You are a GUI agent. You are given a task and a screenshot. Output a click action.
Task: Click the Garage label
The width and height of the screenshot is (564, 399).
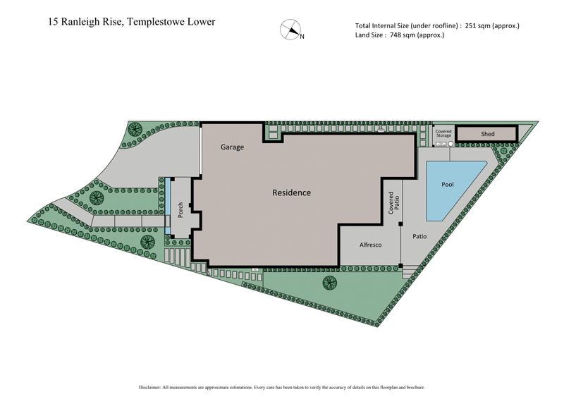232,147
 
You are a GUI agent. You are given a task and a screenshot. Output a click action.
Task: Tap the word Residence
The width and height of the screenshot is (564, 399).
292,192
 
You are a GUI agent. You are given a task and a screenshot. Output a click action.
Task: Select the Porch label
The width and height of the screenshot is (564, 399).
180,209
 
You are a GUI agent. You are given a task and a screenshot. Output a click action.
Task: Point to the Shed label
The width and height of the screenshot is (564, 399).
488,134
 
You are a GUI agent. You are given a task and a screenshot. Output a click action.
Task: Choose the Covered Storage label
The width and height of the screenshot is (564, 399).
443,133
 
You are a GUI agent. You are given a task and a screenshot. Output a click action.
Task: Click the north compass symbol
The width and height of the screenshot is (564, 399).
289,30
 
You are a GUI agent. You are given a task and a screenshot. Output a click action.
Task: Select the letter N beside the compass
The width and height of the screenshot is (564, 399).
302,37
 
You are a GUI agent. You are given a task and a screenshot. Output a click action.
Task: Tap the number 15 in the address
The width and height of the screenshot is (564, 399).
54,21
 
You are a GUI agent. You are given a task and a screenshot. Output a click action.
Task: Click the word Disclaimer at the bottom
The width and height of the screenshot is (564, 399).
152,388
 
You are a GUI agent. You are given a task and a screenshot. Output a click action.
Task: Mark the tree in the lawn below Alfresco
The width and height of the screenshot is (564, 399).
329,283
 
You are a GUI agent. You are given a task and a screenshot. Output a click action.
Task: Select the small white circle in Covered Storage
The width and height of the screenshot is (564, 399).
450,143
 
